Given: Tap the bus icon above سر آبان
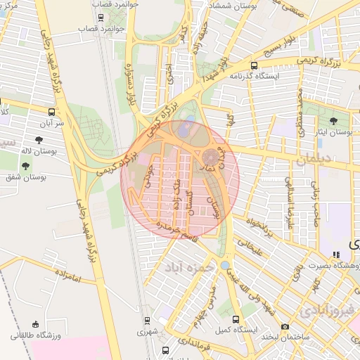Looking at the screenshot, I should click(52, 112).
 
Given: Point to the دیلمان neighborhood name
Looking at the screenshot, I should click(312, 160).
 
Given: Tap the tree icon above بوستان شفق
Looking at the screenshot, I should click(26, 166).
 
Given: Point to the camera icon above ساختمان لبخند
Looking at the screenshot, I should click(285, 326).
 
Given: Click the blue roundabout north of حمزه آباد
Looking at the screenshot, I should click(224, 265).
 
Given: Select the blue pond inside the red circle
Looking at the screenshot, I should click(184, 129).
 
